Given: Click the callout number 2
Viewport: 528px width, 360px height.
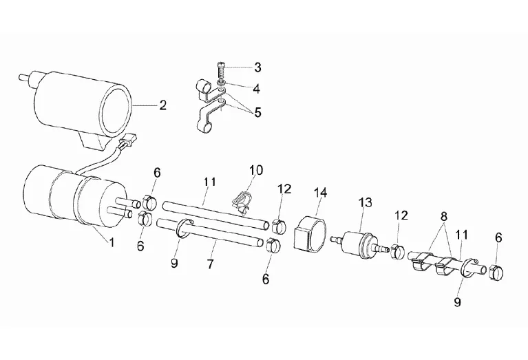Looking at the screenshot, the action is click(162, 106).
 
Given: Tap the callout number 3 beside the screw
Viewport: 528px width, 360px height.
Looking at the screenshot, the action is click(257, 67).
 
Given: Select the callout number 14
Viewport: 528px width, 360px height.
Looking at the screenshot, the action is click(320, 193).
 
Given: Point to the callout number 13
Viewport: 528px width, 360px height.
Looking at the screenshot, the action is click(366, 202).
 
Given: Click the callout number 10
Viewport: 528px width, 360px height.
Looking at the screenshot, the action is click(256, 170).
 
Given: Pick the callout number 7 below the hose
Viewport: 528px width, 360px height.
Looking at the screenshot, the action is click(211, 264).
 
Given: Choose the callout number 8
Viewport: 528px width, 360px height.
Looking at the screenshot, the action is click(444, 217).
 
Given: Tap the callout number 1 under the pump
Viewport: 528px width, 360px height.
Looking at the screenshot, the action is click(112, 242).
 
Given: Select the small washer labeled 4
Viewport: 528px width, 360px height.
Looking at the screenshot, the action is click(221, 83).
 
